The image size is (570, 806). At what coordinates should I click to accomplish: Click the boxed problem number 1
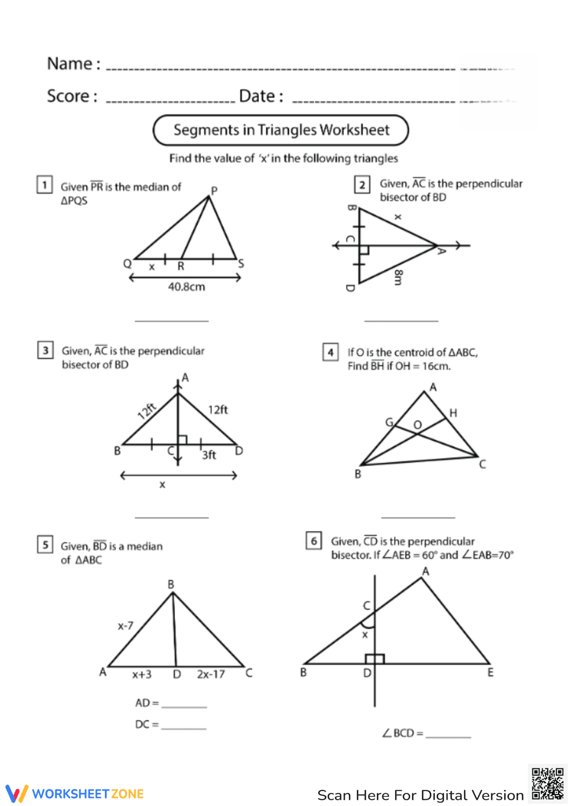point(44,185)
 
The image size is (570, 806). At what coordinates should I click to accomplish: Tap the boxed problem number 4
point(331,352)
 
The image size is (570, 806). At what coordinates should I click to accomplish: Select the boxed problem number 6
point(314,541)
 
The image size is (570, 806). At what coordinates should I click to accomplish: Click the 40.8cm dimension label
point(186,287)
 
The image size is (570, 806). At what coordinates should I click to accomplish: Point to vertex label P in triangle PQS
point(214,191)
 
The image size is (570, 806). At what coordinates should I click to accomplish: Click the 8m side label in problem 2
point(398,277)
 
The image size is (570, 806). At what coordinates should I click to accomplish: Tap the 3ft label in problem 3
point(209,455)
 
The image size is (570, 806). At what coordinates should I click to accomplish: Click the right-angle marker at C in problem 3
point(182,440)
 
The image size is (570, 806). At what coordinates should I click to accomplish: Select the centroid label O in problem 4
point(418,425)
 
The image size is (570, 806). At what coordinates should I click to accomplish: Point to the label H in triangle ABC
point(453,413)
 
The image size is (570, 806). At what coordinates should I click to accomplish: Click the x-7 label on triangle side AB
point(125,626)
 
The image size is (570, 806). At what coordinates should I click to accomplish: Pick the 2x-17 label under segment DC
point(211,674)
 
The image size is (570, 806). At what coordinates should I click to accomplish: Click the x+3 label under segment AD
point(142,674)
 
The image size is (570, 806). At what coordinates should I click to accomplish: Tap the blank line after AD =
point(184,705)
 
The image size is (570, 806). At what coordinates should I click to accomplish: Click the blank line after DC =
point(184,727)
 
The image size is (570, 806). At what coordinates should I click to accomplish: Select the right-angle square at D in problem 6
point(378,659)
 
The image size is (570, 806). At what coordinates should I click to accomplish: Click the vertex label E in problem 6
point(490,673)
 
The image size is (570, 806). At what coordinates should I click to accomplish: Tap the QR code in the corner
point(547,784)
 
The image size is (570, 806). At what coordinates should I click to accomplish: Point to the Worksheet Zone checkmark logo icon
point(17,793)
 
